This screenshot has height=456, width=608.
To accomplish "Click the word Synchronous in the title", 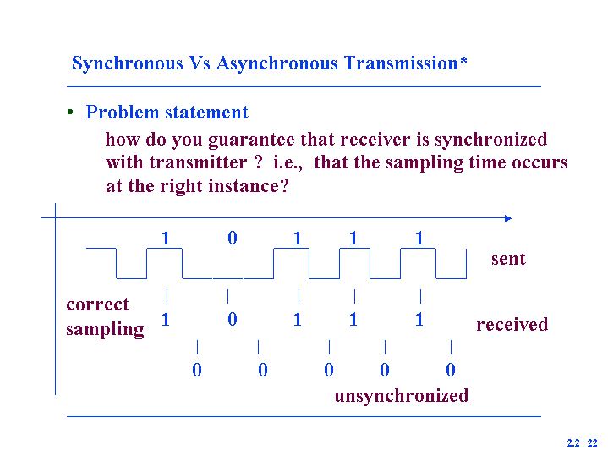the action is point(128,63).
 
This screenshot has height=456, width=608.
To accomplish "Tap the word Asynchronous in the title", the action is point(277,63).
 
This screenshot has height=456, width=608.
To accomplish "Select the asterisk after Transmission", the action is point(463,60).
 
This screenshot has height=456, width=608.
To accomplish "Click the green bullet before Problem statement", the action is point(70,113).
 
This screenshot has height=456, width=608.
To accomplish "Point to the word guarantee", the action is point(251,140).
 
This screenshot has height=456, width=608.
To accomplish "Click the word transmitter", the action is point(198,162).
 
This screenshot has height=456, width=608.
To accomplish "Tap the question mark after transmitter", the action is point(259,162).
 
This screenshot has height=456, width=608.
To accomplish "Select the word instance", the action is point(249,186).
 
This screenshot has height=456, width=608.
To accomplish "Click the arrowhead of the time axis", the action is point(508,218).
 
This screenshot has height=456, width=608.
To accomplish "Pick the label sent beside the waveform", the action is point(508,259).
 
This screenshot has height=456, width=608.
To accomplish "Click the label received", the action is point(512,324).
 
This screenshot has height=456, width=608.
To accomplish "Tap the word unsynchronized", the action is point(402,396).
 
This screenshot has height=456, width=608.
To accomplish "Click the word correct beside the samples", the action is point(98,305).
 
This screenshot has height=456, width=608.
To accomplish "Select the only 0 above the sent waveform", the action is point(233,238).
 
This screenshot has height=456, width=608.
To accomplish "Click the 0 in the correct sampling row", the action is point(233,320).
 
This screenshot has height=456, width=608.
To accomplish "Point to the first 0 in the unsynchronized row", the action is point(197,370).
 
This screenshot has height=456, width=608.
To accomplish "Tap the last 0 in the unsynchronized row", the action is point(451,370).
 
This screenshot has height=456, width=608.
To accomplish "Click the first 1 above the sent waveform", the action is point(166,238).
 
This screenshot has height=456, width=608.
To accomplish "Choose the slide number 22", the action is point(593,443).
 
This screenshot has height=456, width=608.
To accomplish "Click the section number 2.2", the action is point(573,443).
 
